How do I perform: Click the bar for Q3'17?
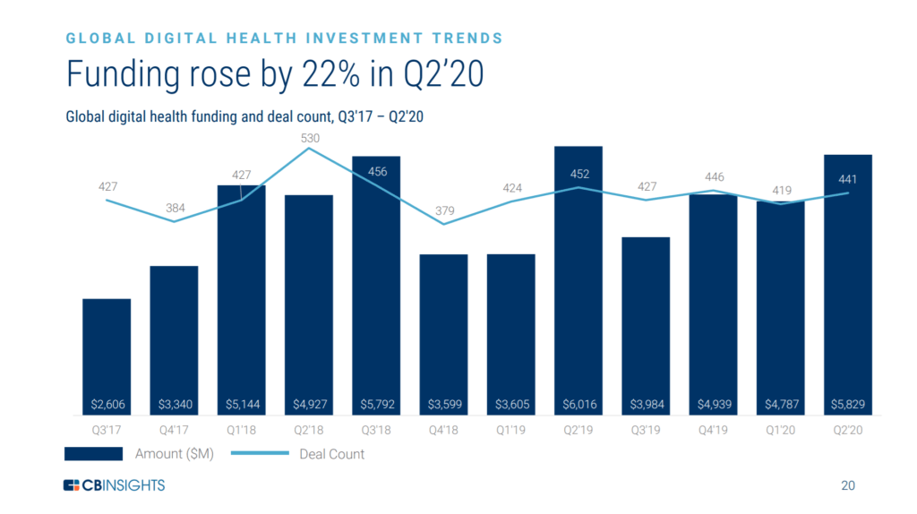(x=107, y=349)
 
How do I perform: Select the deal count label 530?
(x=309, y=139)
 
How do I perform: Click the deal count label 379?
(x=444, y=211)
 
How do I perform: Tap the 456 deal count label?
(x=377, y=171)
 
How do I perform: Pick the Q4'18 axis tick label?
(x=443, y=428)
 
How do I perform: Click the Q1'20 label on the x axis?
(x=780, y=428)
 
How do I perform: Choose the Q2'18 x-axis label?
(x=309, y=428)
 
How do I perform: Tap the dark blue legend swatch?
(x=93, y=454)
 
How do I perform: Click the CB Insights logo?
(x=114, y=485)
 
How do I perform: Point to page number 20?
(x=848, y=486)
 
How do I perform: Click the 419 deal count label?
(x=780, y=191)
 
